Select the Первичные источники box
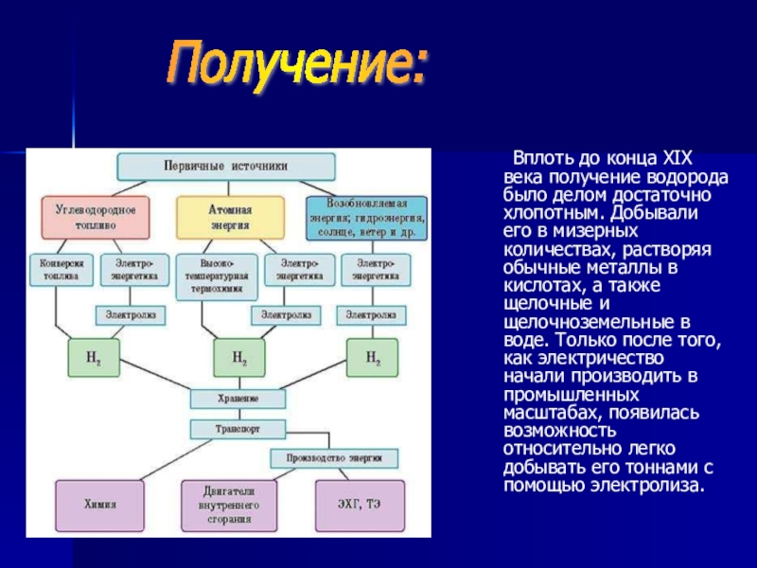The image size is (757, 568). (226, 166)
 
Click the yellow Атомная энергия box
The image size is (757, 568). (229, 217)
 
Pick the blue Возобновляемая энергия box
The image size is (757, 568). (366, 219)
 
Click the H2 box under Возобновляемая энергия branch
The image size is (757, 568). (372, 358)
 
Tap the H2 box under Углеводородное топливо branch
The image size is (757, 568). (94, 358)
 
